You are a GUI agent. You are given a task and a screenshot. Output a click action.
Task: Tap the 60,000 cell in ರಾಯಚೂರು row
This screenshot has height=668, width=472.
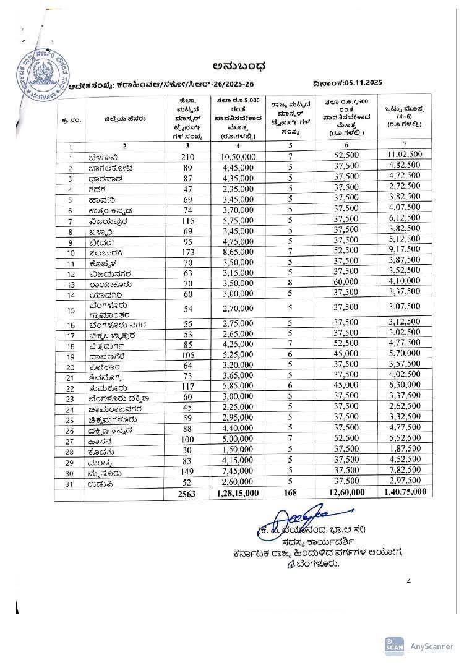(x=346, y=281)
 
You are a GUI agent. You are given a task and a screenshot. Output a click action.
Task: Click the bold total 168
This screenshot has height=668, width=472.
(x=289, y=493)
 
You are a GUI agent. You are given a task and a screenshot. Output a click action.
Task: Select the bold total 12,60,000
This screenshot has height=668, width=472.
(x=346, y=492)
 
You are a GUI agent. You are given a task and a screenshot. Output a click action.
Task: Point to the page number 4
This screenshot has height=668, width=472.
(x=409, y=581)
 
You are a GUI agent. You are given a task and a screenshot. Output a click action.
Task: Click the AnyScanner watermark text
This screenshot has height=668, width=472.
(x=432, y=646)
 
